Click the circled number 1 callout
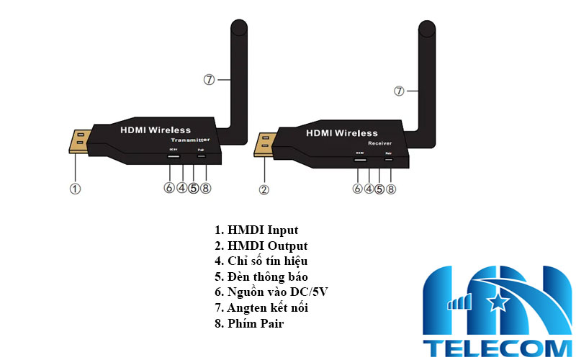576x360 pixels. pyautogui.click(x=75, y=189)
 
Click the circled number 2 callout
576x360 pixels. pyautogui.click(x=264, y=189)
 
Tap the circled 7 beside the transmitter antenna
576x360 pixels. pyautogui.click(x=209, y=79)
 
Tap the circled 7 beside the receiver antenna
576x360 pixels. pyautogui.click(x=400, y=91)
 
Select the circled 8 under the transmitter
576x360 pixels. pyautogui.click(x=206, y=189)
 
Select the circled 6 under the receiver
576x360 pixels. pyautogui.click(x=357, y=189)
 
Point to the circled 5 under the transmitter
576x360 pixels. pyautogui.click(x=194, y=189)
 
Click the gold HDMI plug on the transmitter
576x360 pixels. pyautogui.click(x=80, y=142)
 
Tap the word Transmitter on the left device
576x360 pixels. pyautogui.click(x=191, y=139)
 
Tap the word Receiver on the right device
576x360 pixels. pyautogui.click(x=379, y=144)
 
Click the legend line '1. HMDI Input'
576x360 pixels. pyautogui.click(x=256, y=230)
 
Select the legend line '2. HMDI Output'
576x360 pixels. pyautogui.click(x=261, y=246)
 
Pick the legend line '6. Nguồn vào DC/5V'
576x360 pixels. pyautogui.click(x=272, y=292)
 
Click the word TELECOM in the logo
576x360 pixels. pyautogui.click(x=497, y=348)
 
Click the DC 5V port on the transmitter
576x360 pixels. pyautogui.click(x=173, y=156)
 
